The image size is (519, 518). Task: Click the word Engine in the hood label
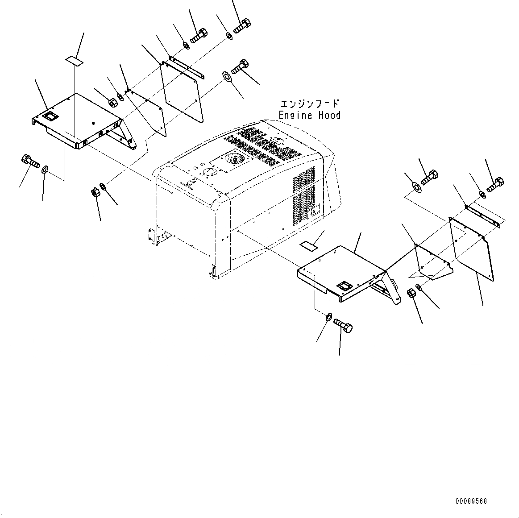[296, 116]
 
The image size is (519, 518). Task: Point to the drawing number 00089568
[471, 501]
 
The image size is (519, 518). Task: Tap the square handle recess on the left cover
[50, 117]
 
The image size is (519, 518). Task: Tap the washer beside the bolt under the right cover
[328, 317]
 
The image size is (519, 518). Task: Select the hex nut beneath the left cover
[95, 193]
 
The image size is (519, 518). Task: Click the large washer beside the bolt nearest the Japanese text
[227, 77]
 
